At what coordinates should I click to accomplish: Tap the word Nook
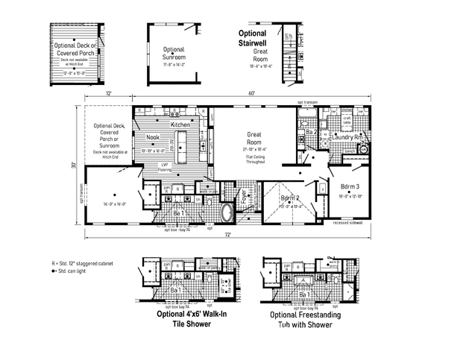152,137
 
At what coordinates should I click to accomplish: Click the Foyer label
243,198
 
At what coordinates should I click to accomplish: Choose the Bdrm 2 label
290,198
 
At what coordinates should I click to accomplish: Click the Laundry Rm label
347,137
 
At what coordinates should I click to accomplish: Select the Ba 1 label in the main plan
179,214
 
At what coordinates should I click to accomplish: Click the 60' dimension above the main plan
252,93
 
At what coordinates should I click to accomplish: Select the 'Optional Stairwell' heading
257,38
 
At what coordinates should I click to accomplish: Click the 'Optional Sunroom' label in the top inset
174,51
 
